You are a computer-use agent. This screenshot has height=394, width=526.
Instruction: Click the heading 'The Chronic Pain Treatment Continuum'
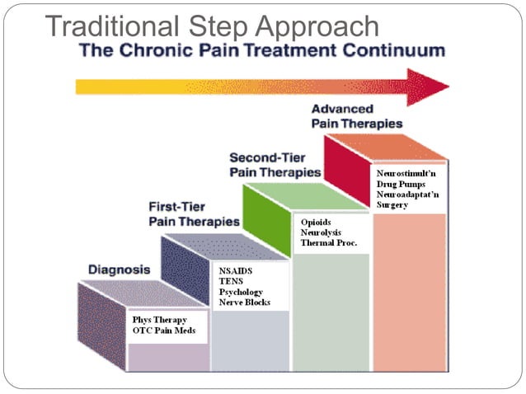[x=262, y=50]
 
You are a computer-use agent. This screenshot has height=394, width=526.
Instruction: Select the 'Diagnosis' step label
[x=119, y=270]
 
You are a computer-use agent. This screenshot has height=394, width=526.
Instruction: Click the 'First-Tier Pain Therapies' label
[x=193, y=213]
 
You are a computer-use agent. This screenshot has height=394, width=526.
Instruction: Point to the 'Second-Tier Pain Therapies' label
[x=274, y=164]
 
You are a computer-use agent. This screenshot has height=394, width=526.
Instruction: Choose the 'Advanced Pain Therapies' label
[x=356, y=116]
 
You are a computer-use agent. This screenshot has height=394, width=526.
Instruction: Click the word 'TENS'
[x=229, y=281]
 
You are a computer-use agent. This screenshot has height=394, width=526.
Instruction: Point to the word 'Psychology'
[x=241, y=292]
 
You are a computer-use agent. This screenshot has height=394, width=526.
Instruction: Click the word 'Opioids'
[x=316, y=223]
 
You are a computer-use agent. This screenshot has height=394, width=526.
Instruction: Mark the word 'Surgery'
[x=392, y=204]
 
